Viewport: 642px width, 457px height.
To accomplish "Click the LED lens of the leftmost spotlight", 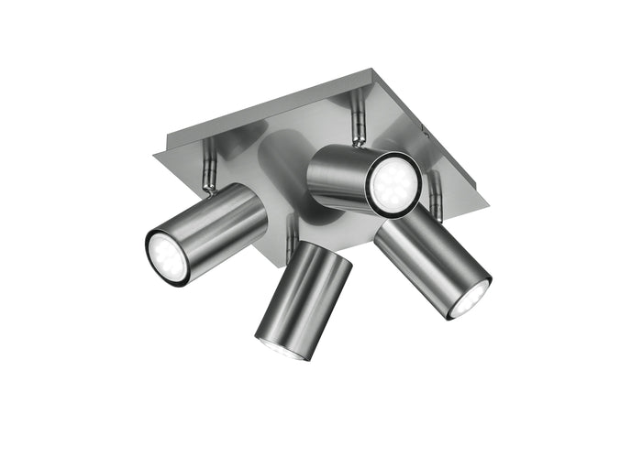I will click(167, 256).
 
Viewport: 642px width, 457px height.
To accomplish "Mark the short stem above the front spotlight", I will click(292, 230).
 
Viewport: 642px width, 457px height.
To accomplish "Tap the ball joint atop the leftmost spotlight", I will click(210, 187).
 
